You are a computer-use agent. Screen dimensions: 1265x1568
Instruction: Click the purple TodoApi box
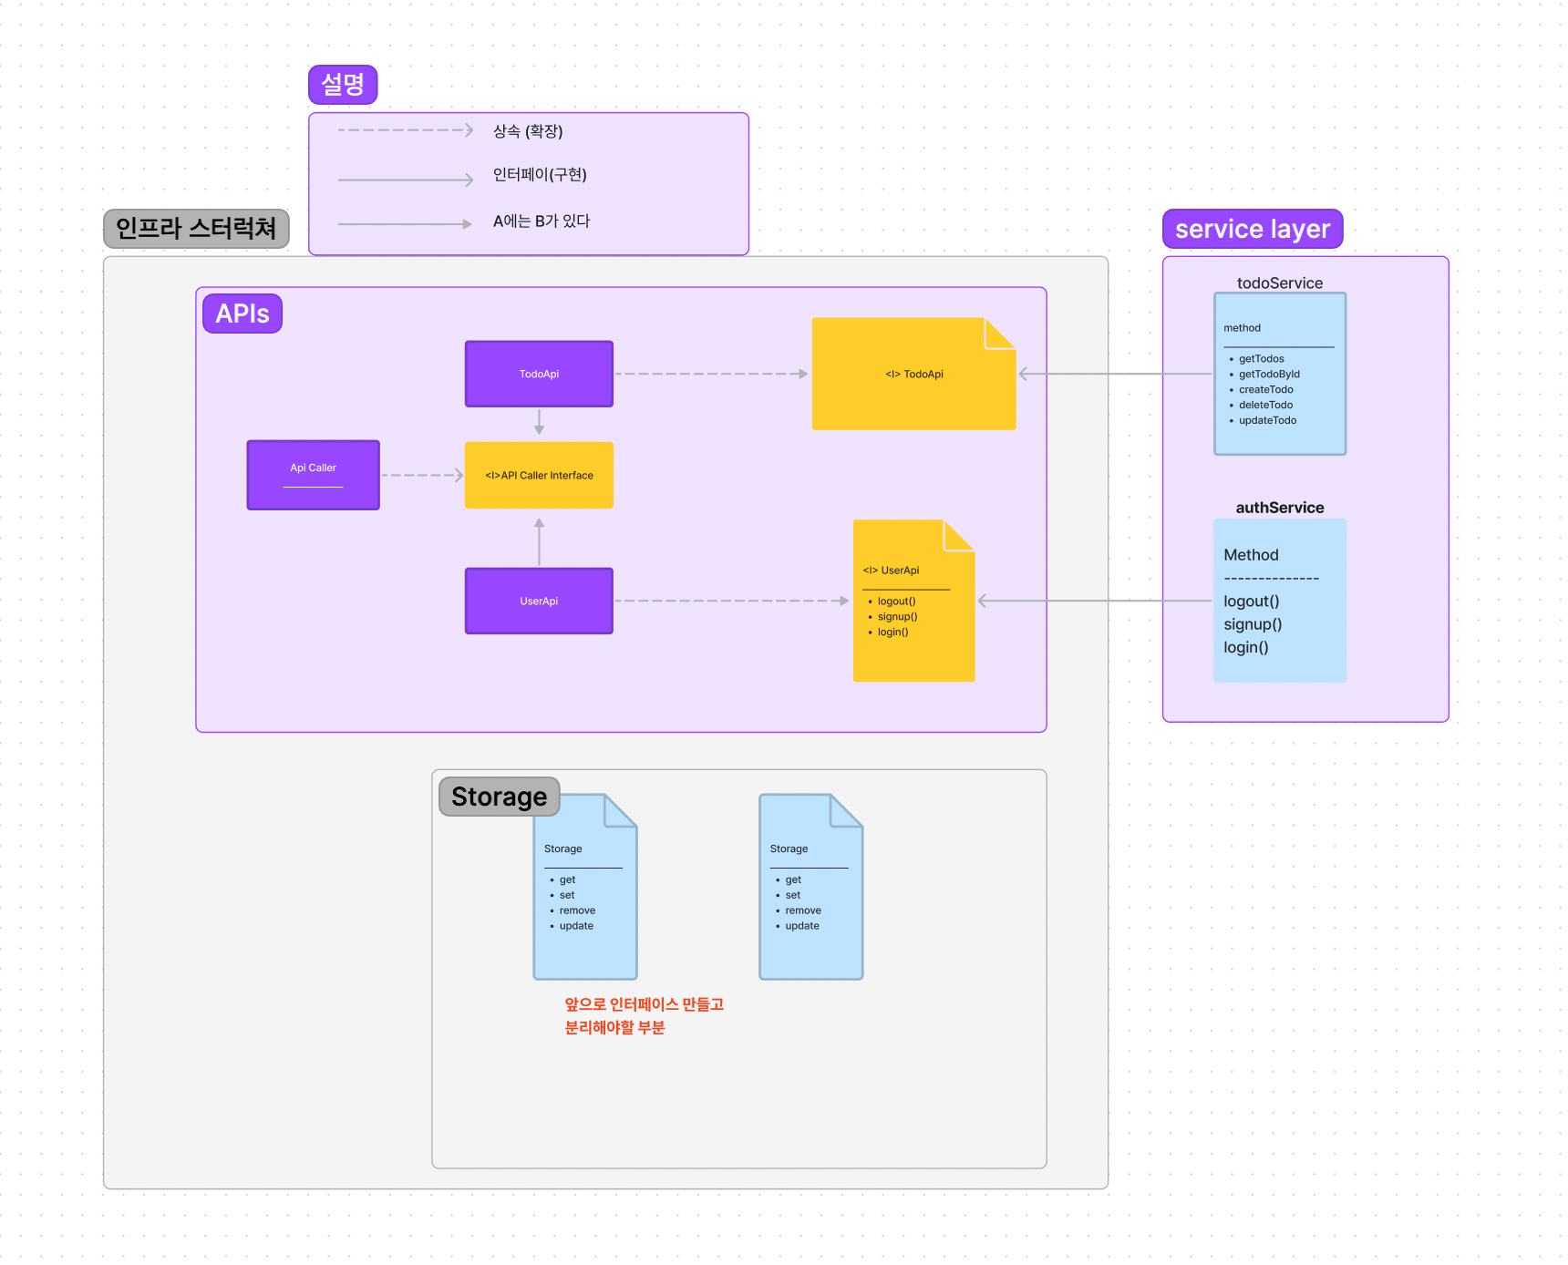click(x=539, y=374)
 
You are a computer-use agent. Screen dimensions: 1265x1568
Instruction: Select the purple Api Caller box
click(x=313, y=475)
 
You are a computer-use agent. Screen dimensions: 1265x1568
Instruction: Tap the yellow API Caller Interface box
click(x=539, y=475)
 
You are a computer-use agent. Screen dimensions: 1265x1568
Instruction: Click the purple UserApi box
click(x=539, y=601)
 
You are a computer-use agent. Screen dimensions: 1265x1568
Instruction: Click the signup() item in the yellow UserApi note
click(x=897, y=617)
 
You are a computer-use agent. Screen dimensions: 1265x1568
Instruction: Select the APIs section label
click(x=242, y=314)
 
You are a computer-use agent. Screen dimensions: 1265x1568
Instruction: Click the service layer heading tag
click(x=1252, y=229)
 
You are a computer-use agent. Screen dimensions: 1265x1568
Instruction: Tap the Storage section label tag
click(x=499, y=797)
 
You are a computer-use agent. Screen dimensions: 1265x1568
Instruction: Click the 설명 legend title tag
click(x=343, y=85)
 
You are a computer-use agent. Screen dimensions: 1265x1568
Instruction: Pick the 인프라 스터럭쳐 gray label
click(x=196, y=228)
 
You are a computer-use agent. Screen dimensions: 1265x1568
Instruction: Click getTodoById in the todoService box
click(x=1269, y=375)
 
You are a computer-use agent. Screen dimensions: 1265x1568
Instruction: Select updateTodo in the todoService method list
click(x=1267, y=421)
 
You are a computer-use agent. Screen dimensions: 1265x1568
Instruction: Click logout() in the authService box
click(x=1251, y=602)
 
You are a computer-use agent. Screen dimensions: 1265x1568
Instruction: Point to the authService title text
click(x=1279, y=508)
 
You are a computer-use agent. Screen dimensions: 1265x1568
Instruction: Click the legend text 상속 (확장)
click(x=528, y=131)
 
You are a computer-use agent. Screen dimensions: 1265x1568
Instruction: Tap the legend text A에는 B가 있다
click(x=542, y=221)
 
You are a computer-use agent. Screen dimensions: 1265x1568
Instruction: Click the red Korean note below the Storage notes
click(x=643, y=1015)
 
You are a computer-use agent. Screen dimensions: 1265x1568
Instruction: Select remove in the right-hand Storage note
click(x=802, y=910)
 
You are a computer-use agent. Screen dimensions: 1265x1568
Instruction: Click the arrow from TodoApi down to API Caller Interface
click(x=539, y=422)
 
